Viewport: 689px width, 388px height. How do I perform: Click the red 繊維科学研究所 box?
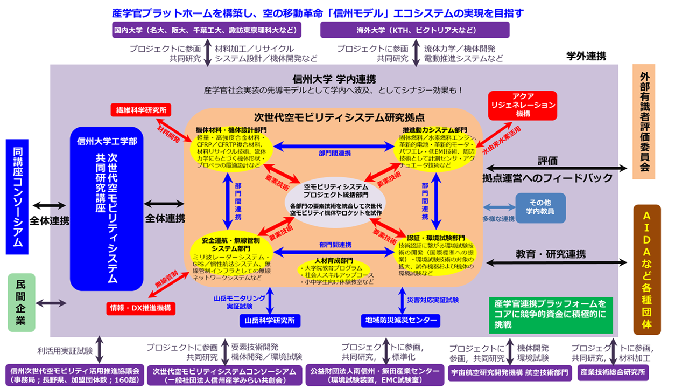(x=141, y=110)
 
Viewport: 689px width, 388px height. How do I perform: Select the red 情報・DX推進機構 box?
(x=141, y=308)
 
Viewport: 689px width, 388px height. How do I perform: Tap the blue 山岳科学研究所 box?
(x=270, y=321)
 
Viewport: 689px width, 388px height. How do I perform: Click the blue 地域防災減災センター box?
(x=400, y=321)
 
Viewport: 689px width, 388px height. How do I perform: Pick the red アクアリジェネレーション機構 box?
(x=523, y=105)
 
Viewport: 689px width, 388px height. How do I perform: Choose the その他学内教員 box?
(x=540, y=207)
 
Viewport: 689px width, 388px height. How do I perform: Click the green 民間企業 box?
(x=22, y=302)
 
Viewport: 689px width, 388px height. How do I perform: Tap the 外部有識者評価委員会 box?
(x=644, y=122)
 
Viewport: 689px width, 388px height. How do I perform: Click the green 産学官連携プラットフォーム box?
(x=551, y=315)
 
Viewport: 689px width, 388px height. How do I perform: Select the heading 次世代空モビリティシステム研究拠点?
(x=339, y=117)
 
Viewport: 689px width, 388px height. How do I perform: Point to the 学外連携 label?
(x=586, y=56)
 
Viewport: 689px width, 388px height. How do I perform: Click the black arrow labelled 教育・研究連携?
(x=557, y=262)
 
